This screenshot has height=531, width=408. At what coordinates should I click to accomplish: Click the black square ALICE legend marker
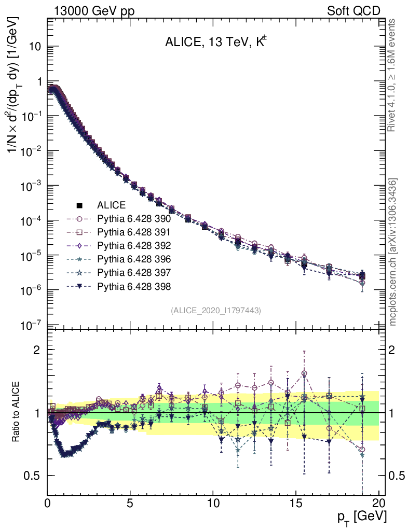tap(79, 205)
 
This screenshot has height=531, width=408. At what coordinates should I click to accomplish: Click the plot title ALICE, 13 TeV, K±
tap(215, 43)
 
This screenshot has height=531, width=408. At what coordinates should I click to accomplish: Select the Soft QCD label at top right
tap(353, 11)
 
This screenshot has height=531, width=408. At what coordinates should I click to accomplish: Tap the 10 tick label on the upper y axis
tap(35, 46)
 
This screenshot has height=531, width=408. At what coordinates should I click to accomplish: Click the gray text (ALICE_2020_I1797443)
tap(215, 310)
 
